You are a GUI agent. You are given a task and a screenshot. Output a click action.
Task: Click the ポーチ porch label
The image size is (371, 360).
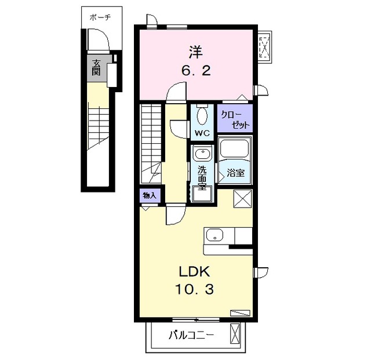pyautogui.click(x=100, y=17)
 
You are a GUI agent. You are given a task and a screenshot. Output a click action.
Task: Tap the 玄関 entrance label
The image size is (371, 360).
pyautogui.click(x=96, y=67)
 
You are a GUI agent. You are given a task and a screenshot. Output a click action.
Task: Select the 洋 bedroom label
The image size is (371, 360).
pyautogui.click(x=196, y=52)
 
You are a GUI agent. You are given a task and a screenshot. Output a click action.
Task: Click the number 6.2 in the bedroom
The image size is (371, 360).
pyautogui.click(x=196, y=70)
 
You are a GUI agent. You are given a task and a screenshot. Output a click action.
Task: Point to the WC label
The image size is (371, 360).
pyautogui.click(x=202, y=133)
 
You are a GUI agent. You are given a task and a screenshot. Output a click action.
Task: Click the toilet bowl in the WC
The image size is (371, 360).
pyautogui.click(x=202, y=115)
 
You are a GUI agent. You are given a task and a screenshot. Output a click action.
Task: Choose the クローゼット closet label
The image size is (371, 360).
pyautogui.click(x=235, y=119)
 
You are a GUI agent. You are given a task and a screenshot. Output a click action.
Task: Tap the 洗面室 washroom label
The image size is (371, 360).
pyautogui.click(x=202, y=177)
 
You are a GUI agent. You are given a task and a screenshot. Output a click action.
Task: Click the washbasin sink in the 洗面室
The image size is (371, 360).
pyautogui.click(x=202, y=153)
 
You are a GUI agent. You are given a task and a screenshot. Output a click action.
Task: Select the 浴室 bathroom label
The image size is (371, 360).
pyautogui.click(x=235, y=173)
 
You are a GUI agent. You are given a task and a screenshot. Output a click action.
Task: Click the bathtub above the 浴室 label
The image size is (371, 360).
pyautogui.click(x=234, y=148)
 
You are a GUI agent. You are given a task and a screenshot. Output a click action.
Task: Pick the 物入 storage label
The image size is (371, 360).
pyautogui.click(x=150, y=195)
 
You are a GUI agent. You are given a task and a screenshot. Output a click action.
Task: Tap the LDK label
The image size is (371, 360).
pyautogui.click(x=195, y=271)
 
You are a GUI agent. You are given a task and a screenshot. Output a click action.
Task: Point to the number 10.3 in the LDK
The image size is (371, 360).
pyautogui.click(x=195, y=289)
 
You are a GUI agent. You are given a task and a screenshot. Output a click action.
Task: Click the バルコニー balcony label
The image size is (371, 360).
pyautogui.click(x=191, y=335)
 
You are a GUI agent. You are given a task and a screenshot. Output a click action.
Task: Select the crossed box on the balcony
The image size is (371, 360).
pyautogui.click(x=235, y=333)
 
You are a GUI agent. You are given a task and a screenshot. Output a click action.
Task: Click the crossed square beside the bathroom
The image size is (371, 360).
pyautogui.click(x=242, y=199)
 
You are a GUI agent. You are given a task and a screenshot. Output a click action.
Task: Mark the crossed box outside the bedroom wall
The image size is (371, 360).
pyautogui.click(x=265, y=47)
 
